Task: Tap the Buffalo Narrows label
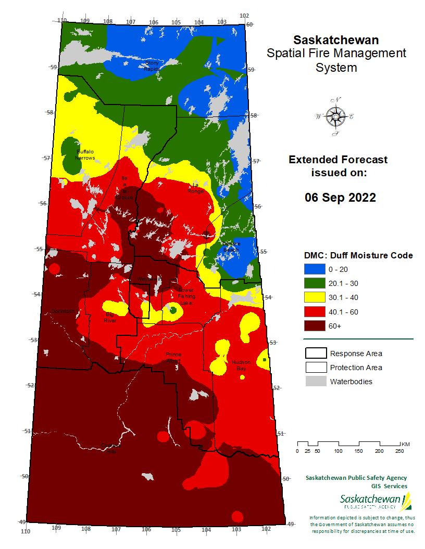click(85, 154)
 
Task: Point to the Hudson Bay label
click(241, 365)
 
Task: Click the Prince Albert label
click(173, 357)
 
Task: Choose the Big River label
click(110, 318)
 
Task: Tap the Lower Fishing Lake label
click(186, 296)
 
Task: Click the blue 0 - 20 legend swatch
click(315, 269)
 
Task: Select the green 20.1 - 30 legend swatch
click(315, 283)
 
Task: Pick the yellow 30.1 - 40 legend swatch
click(315, 297)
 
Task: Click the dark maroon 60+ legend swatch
click(315, 326)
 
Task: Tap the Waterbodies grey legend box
click(315, 382)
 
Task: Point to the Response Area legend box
click(315, 354)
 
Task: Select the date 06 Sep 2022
click(340, 198)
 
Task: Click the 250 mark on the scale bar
click(399, 451)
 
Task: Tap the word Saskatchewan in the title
click(336, 40)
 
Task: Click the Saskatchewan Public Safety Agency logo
click(375, 502)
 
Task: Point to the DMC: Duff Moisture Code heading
click(358, 255)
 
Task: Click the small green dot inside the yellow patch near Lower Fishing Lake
click(173, 310)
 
